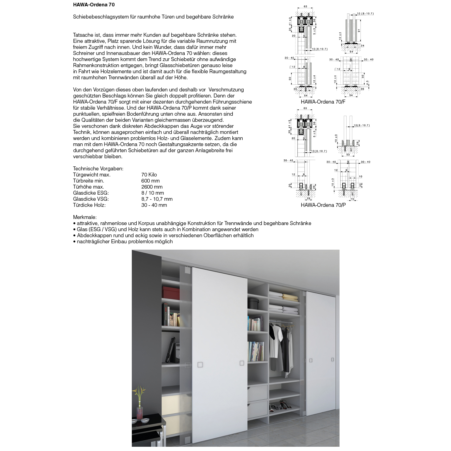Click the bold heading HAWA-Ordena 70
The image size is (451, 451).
click(94, 5)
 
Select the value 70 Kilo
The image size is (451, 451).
click(149, 175)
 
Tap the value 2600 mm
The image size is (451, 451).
click(152, 187)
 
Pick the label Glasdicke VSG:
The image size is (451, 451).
click(91, 199)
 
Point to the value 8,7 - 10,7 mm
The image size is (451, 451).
click(157, 199)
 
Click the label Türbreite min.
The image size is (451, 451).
click(88, 181)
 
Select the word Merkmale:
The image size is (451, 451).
click(85, 217)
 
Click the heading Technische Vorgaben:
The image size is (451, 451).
click(98, 169)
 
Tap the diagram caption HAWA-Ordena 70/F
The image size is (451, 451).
click(323, 102)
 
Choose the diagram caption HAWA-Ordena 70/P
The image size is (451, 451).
click(323, 205)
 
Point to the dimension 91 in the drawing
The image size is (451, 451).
click(359, 30)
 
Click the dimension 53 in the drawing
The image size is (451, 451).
click(348, 155)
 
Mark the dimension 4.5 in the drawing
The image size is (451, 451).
click(367, 82)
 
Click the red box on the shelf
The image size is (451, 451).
click(171, 292)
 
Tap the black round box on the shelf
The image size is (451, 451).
click(253, 303)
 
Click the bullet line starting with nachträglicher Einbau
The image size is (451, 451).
click(125, 241)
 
